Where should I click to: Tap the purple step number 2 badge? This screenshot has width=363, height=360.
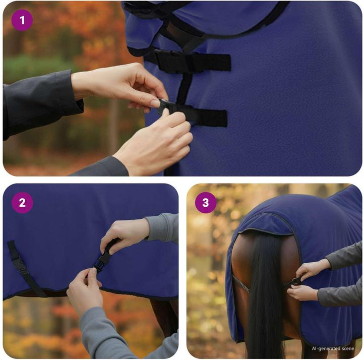tap(22, 203)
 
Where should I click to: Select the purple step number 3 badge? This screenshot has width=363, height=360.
tap(206, 203)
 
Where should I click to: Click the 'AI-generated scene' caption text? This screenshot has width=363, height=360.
tap(333, 348)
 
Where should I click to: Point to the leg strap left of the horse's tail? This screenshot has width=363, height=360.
tap(241, 284)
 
